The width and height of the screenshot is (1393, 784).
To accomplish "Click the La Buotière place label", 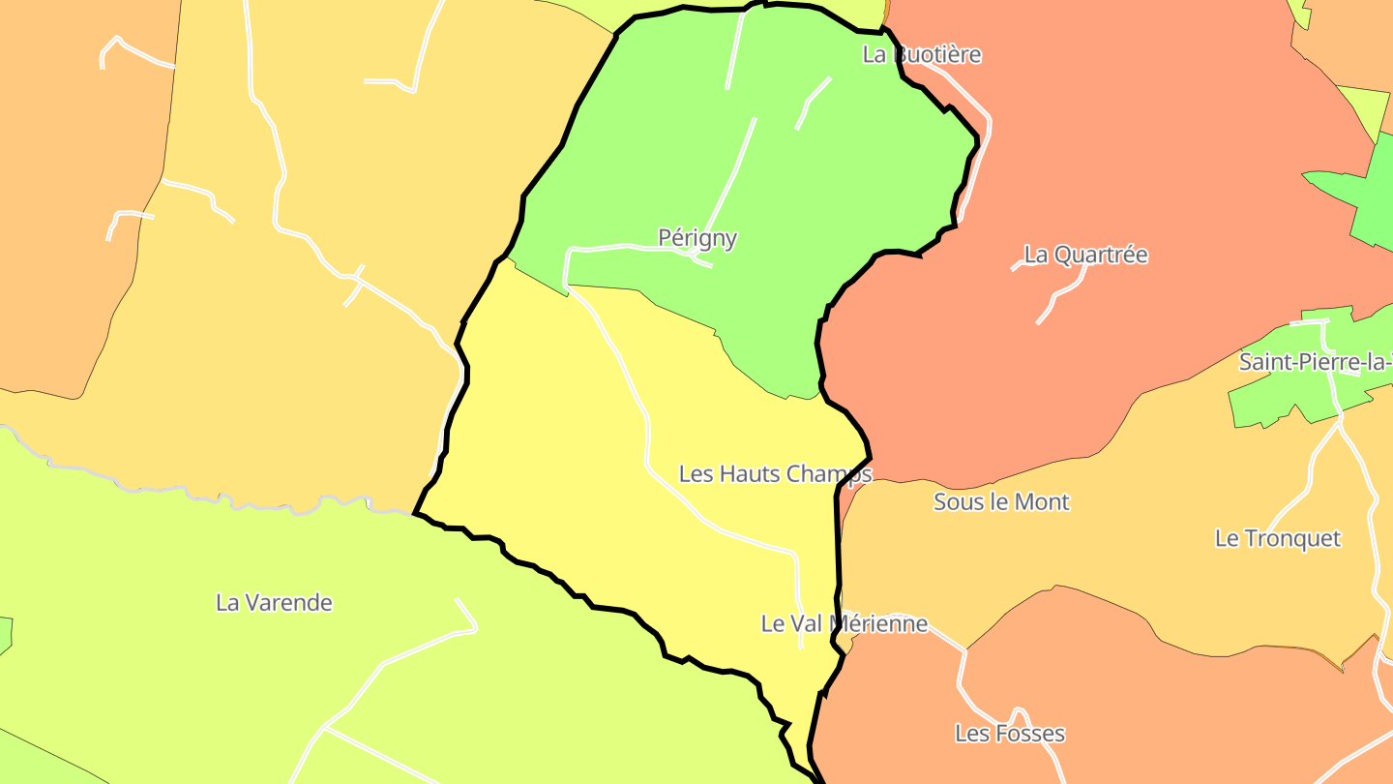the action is pyautogui.click(x=921, y=54).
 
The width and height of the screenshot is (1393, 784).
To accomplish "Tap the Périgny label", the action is pyautogui.click(x=697, y=237).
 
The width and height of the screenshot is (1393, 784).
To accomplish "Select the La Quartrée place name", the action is pyautogui.click(x=1085, y=255).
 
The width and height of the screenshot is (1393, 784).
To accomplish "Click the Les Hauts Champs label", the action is pyautogui.click(x=775, y=473).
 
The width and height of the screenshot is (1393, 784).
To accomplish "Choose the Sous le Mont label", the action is pyautogui.click(x=1001, y=501).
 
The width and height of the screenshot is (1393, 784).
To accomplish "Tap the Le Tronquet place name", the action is pyautogui.click(x=1278, y=538).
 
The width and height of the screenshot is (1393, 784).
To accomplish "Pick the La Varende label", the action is pyautogui.click(x=274, y=602).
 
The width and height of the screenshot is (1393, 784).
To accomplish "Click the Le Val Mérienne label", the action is pyautogui.click(x=844, y=623).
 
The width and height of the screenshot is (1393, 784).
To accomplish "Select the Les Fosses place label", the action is pyautogui.click(x=1009, y=733).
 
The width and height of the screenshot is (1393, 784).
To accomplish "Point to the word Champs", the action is pyautogui.click(x=829, y=473).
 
